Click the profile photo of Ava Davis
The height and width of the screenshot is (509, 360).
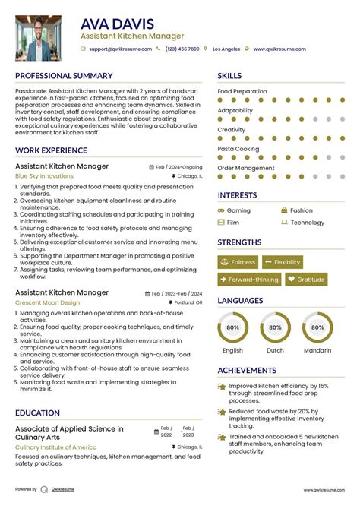(38, 38)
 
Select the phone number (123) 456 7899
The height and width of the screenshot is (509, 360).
(182, 49)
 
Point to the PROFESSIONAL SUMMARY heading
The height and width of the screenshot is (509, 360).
(64, 76)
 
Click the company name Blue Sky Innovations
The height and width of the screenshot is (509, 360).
(44, 175)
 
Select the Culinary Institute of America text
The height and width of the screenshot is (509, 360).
(56, 447)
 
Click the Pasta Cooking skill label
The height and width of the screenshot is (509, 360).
(238, 149)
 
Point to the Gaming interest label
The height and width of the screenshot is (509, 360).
(238, 210)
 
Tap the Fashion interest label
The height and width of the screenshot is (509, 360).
(301, 210)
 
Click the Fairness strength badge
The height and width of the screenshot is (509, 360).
(238, 262)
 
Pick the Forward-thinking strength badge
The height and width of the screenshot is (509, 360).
(249, 280)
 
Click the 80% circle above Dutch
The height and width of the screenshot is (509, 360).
(275, 327)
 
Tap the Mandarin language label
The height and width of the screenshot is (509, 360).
(317, 350)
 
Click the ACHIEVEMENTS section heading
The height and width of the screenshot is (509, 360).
(246, 371)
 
